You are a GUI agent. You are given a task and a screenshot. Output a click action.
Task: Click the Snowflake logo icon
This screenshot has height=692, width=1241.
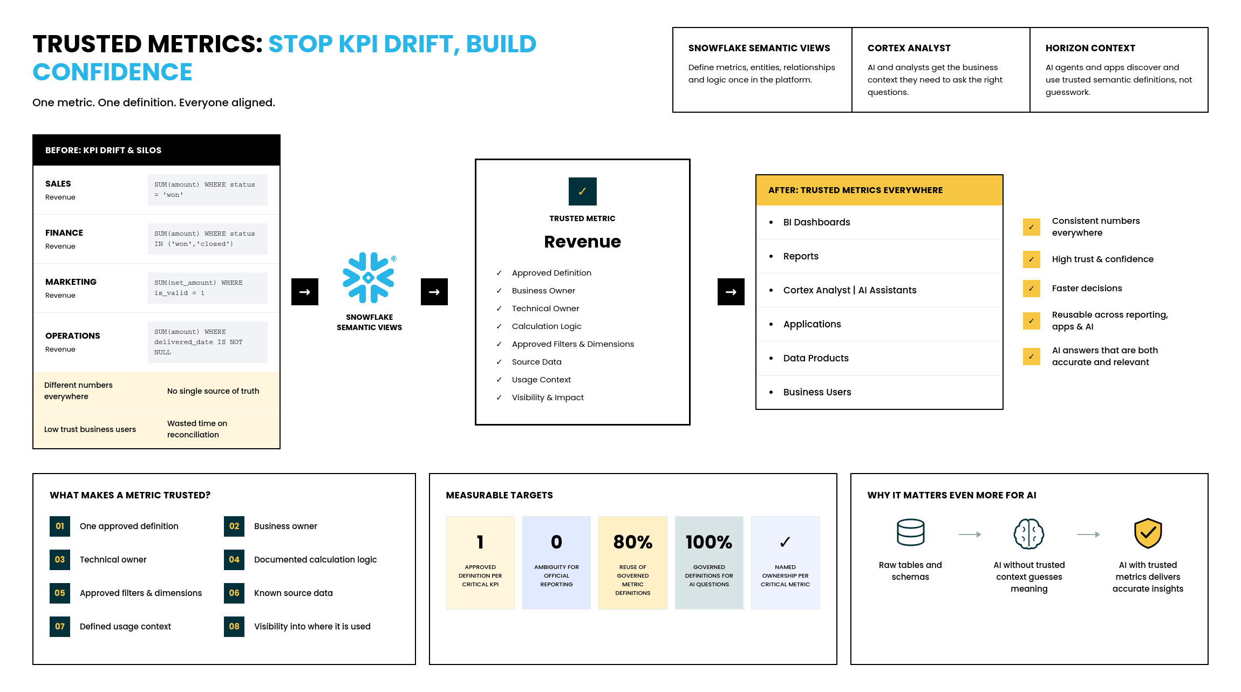point(369,277)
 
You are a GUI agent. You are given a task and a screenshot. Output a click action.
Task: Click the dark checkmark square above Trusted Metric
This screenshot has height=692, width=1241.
point(582,191)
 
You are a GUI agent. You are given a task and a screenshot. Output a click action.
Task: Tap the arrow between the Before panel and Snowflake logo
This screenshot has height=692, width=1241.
point(305,292)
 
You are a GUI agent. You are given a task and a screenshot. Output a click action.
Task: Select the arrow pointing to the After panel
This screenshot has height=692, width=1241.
point(731,292)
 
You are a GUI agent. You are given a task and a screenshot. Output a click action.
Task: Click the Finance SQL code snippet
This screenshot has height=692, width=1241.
point(208,239)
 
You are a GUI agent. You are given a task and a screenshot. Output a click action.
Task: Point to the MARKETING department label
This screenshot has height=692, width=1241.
point(71,282)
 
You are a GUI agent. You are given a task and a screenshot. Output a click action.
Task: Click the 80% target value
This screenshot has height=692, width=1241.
point(633,542)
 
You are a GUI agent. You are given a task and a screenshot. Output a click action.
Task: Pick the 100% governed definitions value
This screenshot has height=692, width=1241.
point(709,542)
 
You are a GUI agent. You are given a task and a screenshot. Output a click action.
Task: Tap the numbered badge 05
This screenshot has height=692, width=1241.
point(60,593)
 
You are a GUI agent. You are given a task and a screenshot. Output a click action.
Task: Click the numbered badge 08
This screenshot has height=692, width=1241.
point(234,627)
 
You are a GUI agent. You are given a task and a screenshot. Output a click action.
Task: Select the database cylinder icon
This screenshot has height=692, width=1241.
point(910,533)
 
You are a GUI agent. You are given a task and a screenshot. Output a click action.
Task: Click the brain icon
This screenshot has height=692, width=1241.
point(1029,534)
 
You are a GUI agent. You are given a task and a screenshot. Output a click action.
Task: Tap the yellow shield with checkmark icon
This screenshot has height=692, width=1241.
point(1148,533)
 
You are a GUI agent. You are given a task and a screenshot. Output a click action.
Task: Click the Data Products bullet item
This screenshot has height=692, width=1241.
point(816,358)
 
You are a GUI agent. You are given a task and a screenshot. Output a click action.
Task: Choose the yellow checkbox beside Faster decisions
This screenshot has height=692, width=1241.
point(1032,289)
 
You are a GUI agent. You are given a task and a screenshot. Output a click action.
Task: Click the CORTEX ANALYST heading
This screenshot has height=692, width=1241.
point(909,48)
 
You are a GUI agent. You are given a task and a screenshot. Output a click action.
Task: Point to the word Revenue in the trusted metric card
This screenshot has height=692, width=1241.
point(582,242)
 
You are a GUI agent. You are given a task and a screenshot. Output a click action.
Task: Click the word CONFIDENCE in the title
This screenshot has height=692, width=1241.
point(112,72)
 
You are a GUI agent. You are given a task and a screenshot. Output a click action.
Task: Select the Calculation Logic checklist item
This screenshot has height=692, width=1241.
point(547,326)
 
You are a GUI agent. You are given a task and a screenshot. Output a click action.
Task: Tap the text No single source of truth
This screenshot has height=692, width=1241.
point(213,391)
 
